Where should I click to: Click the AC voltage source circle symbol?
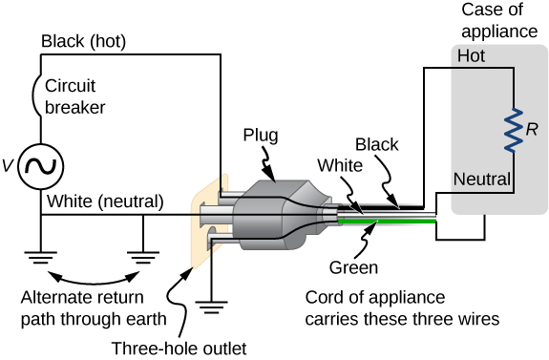click(41, 166)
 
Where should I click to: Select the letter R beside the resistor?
click(533, 128)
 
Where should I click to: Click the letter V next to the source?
click(9, 166)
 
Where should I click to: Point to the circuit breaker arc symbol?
click(38, 95)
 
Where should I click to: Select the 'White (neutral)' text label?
click(102, 201)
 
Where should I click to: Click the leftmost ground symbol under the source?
click(41, 255)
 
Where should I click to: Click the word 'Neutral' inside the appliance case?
click(483, 178)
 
